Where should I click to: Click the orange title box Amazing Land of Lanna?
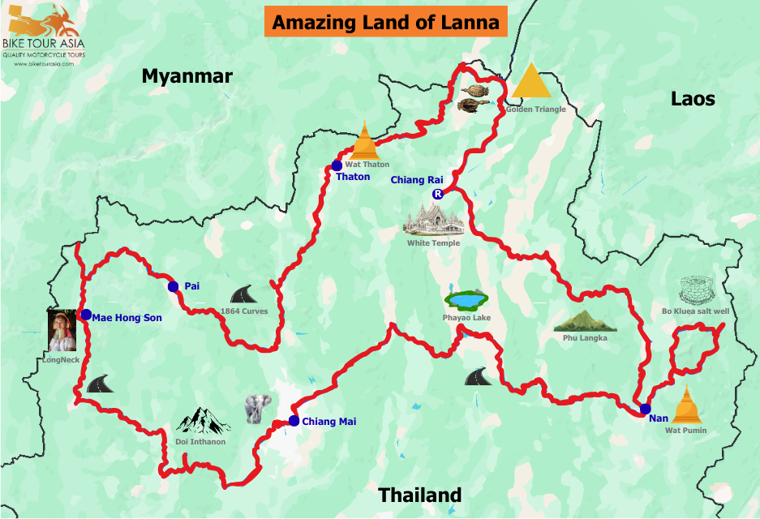pos(385,22)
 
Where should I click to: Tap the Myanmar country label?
pos(187,76)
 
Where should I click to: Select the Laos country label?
pos(693,99)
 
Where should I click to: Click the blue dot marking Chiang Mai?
pos(294,421)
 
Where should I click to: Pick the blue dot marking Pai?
pos(173,286)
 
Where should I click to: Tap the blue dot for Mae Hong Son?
pos(86,315)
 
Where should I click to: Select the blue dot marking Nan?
pos(645,409)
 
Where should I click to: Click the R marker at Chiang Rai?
pos(437,194)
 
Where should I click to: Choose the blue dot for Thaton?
pos(337,165)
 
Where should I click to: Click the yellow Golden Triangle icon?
pos(531,82)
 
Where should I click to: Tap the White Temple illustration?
pos(433,220)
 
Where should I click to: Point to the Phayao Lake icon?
pos(466,301)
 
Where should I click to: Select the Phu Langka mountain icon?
pos(585,321)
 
